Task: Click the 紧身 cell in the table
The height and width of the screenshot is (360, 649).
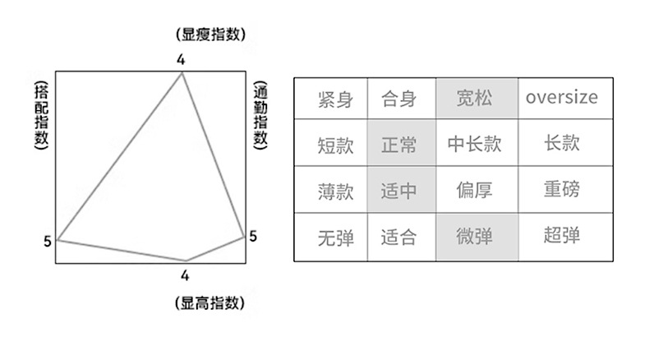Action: pyautogui.click(x=334, y=100)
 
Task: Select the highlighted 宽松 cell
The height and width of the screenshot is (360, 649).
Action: pyautogui.click(x=475, y=100)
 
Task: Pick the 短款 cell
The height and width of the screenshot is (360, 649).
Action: pyautogui.click(x=334, y=145)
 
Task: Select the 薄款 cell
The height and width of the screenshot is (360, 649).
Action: pyautogui.click(x=334, y=192)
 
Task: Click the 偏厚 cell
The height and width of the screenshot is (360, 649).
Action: pyautogui.click(x=475, y=191)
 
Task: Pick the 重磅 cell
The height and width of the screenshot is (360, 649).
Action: pyautogui.click(x=561, y=191)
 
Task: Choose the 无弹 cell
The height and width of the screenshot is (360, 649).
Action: pyautogui.click(x=334, y=238)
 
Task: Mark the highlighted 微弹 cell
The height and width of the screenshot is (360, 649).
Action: pyautogui.click(x=475, y=238)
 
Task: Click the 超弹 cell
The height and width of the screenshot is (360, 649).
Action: pyautogui.click(x=561, y=237)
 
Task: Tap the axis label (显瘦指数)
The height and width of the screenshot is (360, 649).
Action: pyautogui.click(x=210, y=34)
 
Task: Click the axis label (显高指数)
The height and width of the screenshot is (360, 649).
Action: pyautogui.click(x=210, y=302)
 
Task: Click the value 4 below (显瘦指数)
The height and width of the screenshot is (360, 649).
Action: pyautogui.click(x=181, y=59)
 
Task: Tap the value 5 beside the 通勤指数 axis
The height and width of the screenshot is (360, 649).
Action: pyautogui.click(x=253, y=236)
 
